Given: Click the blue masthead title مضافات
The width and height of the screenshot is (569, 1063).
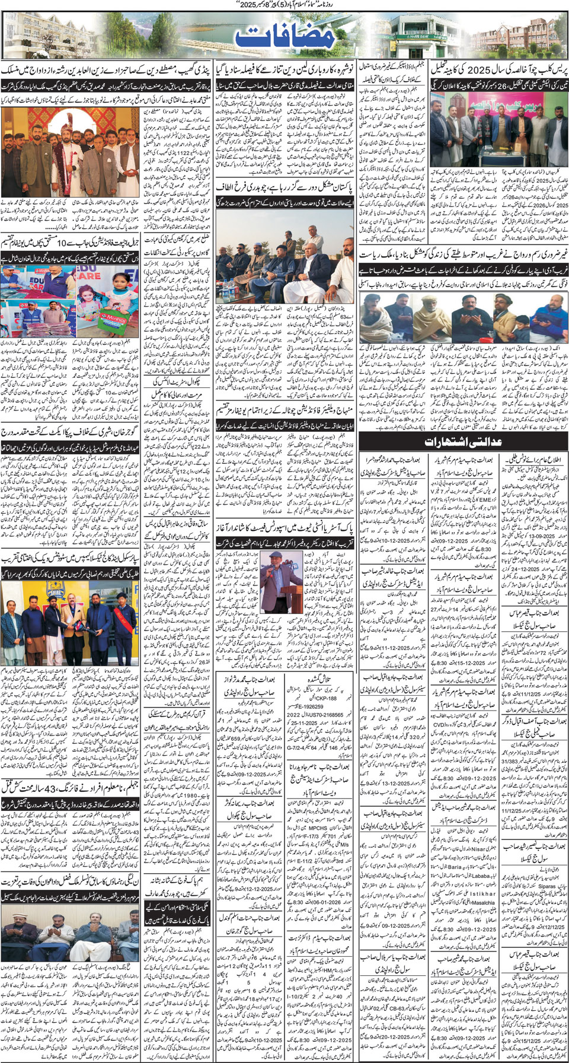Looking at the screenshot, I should point(284,37).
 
